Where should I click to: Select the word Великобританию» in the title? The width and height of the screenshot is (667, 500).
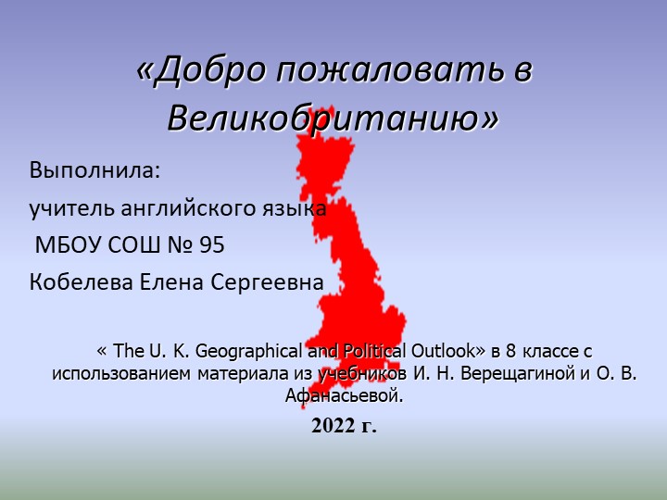tap(333, 118)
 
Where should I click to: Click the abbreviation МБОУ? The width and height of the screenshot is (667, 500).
tap(67, 246)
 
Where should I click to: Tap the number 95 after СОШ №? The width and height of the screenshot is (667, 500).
tap(211, 246)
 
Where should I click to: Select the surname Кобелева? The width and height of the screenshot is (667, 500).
tap(82, 282)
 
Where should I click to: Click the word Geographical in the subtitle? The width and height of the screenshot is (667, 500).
tap(245, 352)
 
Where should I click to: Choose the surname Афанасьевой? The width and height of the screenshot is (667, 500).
tap(345, 396)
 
